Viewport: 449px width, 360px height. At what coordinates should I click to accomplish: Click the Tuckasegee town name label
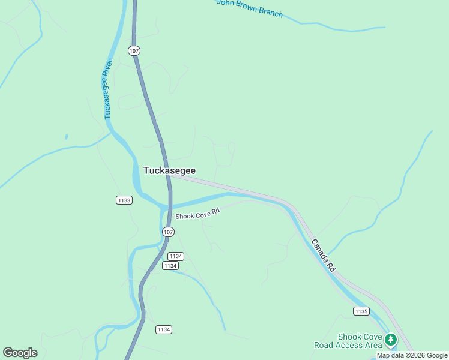(169, 170)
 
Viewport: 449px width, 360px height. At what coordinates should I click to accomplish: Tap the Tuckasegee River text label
(108, 88)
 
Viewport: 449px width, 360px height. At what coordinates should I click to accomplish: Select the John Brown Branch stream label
(249, 8)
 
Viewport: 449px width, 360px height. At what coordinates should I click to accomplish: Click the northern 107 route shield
(134, 50)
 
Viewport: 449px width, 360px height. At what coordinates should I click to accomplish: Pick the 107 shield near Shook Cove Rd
(168, 232)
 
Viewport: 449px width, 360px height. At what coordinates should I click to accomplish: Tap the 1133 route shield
(124, 200)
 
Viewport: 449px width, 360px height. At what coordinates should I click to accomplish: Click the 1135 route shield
(361, 310)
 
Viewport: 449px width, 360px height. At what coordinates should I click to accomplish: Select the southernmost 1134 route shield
(163, 329)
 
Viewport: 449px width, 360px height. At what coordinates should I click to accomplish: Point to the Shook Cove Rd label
(197, 214)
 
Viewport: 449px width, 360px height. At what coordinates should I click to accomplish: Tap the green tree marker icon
(391, 340)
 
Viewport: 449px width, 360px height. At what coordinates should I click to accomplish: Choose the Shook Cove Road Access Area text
(348, 341)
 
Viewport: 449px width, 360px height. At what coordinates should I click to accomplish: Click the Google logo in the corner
(20, 353)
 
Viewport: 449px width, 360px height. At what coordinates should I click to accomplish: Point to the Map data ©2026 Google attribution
(412, 355)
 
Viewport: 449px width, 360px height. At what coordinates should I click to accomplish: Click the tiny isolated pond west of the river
(66, 137)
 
